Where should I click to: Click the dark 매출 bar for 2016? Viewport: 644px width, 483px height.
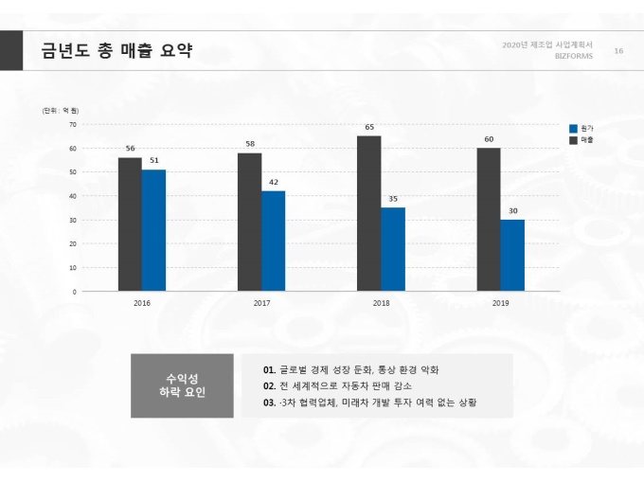130,224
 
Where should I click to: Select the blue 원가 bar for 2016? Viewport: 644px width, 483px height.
153,230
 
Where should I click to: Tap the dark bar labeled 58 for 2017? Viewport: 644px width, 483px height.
249,222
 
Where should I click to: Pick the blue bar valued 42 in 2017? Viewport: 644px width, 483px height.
274,241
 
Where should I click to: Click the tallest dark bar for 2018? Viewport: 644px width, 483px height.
369,213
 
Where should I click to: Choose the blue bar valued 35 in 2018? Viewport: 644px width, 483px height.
393,249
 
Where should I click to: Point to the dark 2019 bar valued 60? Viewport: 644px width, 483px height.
489,220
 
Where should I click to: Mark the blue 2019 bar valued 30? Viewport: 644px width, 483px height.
512,255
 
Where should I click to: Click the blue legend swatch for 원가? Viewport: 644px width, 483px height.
573,128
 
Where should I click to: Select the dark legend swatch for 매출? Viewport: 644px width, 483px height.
573,139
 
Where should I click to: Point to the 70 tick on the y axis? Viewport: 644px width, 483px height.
73,124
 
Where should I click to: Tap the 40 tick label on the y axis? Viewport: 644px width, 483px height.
73,196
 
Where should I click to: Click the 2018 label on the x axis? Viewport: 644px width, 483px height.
381,303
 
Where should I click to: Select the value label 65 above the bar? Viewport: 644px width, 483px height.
369,127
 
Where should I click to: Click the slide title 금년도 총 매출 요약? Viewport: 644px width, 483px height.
116,50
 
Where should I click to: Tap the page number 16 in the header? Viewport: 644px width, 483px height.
618,50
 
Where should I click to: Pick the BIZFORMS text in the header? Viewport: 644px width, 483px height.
573,56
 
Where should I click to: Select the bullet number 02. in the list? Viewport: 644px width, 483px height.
270,385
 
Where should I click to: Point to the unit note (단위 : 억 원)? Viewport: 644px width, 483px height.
61,111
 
